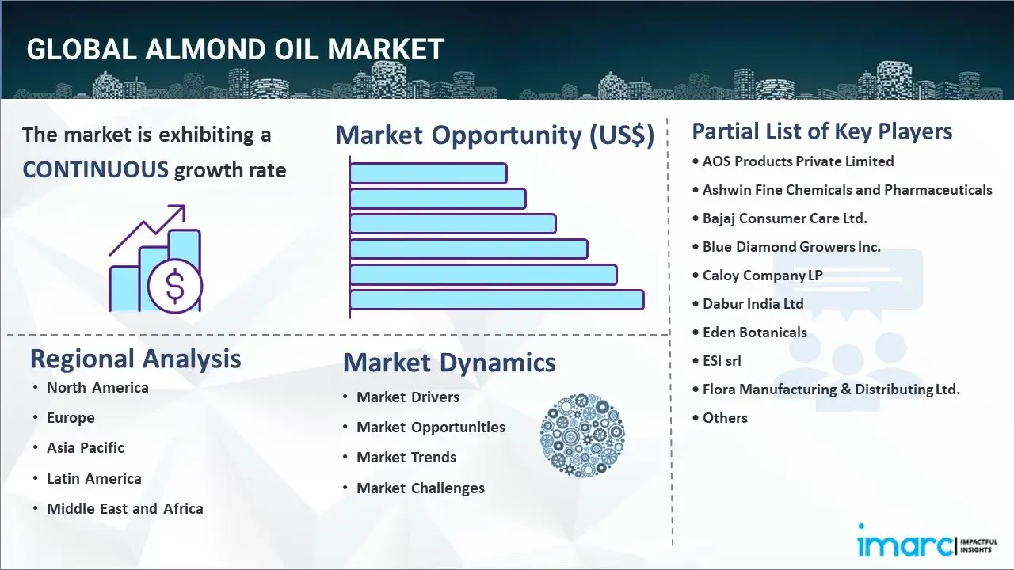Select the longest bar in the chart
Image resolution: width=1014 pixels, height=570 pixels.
[x=497, y=300]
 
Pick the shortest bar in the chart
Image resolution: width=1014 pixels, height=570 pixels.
[x=429, y=173]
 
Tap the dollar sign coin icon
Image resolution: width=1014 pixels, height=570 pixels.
[x=175, y=286]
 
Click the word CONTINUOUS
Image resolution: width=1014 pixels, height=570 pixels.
[x=96, y=170]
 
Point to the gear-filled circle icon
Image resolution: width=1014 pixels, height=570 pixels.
[x=582, y=435]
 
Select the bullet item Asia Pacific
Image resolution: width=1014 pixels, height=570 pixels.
[x=86, y=447]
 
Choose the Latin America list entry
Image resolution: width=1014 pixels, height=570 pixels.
[x=94, y=478]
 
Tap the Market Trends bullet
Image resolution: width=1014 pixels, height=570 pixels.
[x=406, y=457]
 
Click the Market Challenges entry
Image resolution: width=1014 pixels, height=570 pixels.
[x=421, y=488]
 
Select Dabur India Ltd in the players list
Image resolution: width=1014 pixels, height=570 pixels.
[x=753, y=303]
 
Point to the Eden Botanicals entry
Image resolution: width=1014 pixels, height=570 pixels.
[x=755, y=332]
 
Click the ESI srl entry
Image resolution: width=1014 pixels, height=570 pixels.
[x=722, y=360]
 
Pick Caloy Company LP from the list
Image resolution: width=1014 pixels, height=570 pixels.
[x=762, y=275]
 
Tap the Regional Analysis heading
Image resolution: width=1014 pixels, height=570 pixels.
[x=135, y=359]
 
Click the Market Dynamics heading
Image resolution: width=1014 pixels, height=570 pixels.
[x=449, y=363]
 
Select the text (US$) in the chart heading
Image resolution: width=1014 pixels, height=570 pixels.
[x=622, y=135]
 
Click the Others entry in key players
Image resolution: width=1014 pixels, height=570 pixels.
[x=725, y=417]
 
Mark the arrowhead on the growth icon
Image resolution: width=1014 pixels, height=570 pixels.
[x=178, y=211]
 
